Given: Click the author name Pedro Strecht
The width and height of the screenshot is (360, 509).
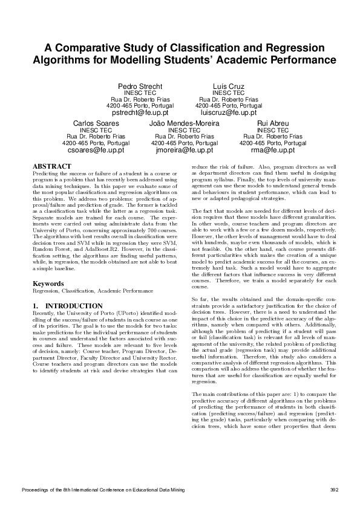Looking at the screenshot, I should [x=140, y=86].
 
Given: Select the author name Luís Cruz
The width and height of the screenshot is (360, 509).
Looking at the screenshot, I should [x=229, y=86].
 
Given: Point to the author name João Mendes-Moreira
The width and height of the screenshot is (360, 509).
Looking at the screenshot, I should [x=184, y=123].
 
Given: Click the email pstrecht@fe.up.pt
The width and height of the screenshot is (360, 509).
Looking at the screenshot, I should [x=140, y=112].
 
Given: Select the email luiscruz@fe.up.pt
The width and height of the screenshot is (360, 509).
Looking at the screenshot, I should [x=229, y=112].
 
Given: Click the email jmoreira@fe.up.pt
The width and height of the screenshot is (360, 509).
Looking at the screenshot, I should [x=184, y=150].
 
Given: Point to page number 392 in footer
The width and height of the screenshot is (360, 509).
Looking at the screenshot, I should [x=333, y=488].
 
